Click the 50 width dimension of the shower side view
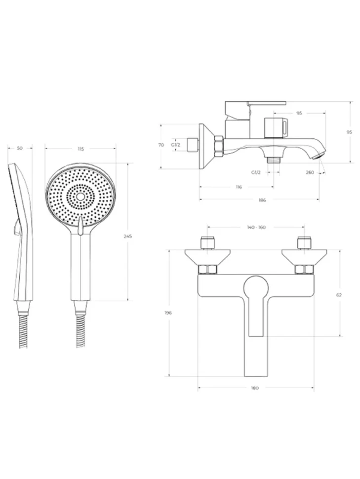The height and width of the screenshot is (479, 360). click(x=20, y=148)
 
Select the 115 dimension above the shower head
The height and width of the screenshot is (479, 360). click(x=80, y=149)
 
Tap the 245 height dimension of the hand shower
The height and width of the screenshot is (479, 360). click(x=128, y=236)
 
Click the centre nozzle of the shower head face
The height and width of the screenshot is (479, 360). click(x=80, y=197)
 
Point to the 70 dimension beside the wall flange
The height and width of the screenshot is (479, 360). click(x=161, y=145)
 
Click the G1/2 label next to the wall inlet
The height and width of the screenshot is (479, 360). click(x=175, y=145)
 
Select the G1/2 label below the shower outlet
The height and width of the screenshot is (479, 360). click(x=256, y=172)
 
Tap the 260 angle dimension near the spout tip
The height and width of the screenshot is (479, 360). click(x=310, y=172)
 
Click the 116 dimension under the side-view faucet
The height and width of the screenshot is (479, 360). click(x=239, y=187)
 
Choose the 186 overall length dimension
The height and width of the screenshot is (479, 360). click(x=262, y=200)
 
